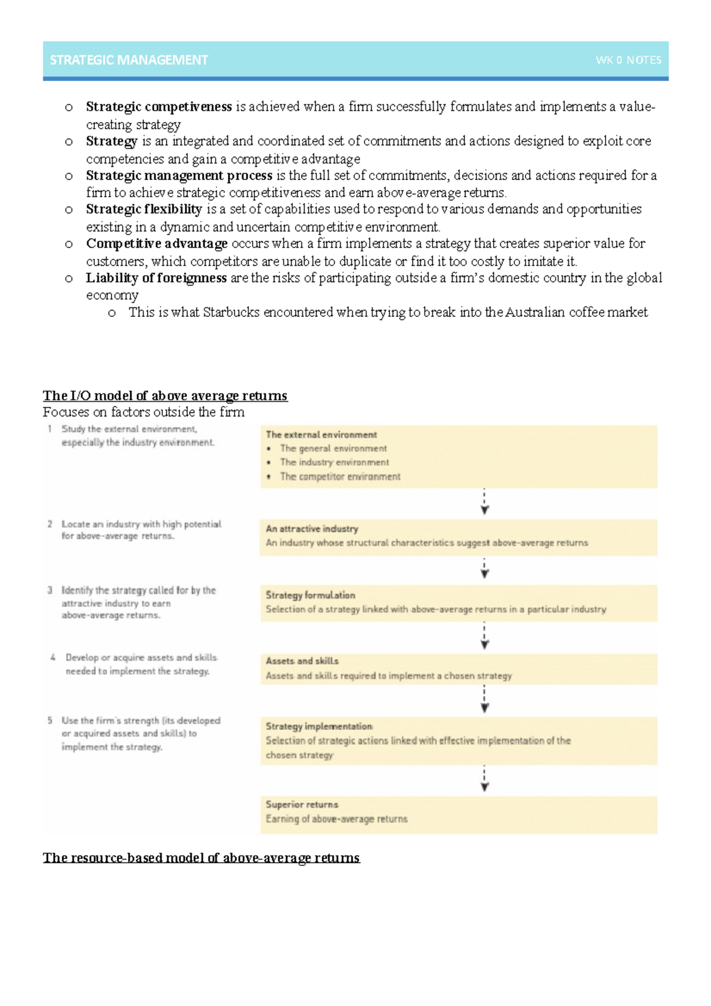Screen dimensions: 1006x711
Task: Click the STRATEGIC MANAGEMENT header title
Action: pos(129,60)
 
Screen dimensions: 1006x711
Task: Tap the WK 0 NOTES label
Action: pos(628,60)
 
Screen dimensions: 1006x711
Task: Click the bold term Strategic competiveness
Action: pos(158,107)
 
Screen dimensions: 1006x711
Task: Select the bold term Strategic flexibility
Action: pos(144,209)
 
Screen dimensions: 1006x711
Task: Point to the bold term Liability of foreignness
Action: pos(156,278)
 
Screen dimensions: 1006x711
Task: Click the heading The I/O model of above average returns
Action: pos(165,395)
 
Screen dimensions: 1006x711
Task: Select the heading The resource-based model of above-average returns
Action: pos(201,857)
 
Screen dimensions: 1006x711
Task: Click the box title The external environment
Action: pos(321,434)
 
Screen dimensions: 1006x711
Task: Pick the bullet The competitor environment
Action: pos(340,476)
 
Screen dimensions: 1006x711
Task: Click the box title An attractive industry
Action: pos(312,528)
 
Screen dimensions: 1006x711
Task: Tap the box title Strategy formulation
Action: pos(310,595)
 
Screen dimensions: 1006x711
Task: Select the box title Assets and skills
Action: pos(302,661)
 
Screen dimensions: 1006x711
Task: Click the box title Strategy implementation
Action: pos(319,726)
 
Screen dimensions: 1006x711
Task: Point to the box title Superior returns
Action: pos(302,804)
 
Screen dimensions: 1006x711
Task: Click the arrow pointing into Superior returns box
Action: pos(485,780)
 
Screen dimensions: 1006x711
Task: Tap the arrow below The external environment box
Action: pos(485,502)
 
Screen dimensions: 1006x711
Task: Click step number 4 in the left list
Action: pos(53,658)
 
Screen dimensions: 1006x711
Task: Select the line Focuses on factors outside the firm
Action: pos(143,412)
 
